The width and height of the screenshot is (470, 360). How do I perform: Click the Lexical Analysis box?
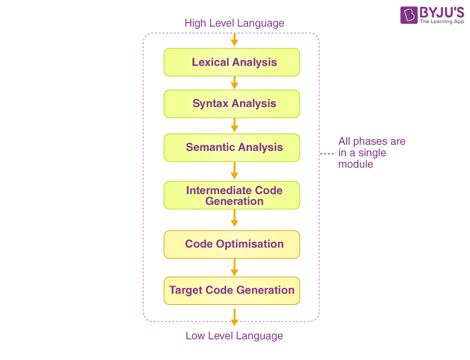pyautogui.click(x=232, y=62)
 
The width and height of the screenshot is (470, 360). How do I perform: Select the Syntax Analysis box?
pyautogui.click(x=232, y=104)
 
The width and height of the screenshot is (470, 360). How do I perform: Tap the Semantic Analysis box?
pyautogui.click(x=232, y=148)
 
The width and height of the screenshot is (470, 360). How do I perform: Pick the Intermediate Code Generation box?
pyautogui.click(x=232, y=195)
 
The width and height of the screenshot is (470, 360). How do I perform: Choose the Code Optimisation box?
pyautogui.click(x=232, y=244)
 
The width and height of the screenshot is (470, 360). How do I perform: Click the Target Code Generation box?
pyautogui.click(x=232, y=291)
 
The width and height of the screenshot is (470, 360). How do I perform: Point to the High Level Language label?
pyautogui.click(x=234, y=23)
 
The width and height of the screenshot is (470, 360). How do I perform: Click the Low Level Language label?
pyautogui.click(x=234, y=336)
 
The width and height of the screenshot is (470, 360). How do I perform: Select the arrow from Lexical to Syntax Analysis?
pyautogui.click(x=234, y=83)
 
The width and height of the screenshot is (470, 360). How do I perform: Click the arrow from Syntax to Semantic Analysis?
pyautogui.click(x=234, y=126)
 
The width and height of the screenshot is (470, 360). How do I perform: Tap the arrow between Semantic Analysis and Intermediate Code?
pyautogui.click(x=234, y=171)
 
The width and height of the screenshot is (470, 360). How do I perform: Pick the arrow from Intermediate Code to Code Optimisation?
pyautogui.click(x=234, y=219)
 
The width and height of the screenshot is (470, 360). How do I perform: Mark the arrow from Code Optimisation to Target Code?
pyautogui.click(x=234, y=267)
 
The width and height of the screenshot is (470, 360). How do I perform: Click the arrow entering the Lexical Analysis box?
pyautogui.click(x=234, y=39)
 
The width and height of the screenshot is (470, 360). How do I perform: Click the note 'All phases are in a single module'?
pyautogui.click(x=372, y=153)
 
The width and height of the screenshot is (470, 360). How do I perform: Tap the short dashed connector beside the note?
pyautogui.click(x=326, y=153)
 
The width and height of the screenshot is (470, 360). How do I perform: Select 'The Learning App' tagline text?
pyautogui.click(x=442, y=22)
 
